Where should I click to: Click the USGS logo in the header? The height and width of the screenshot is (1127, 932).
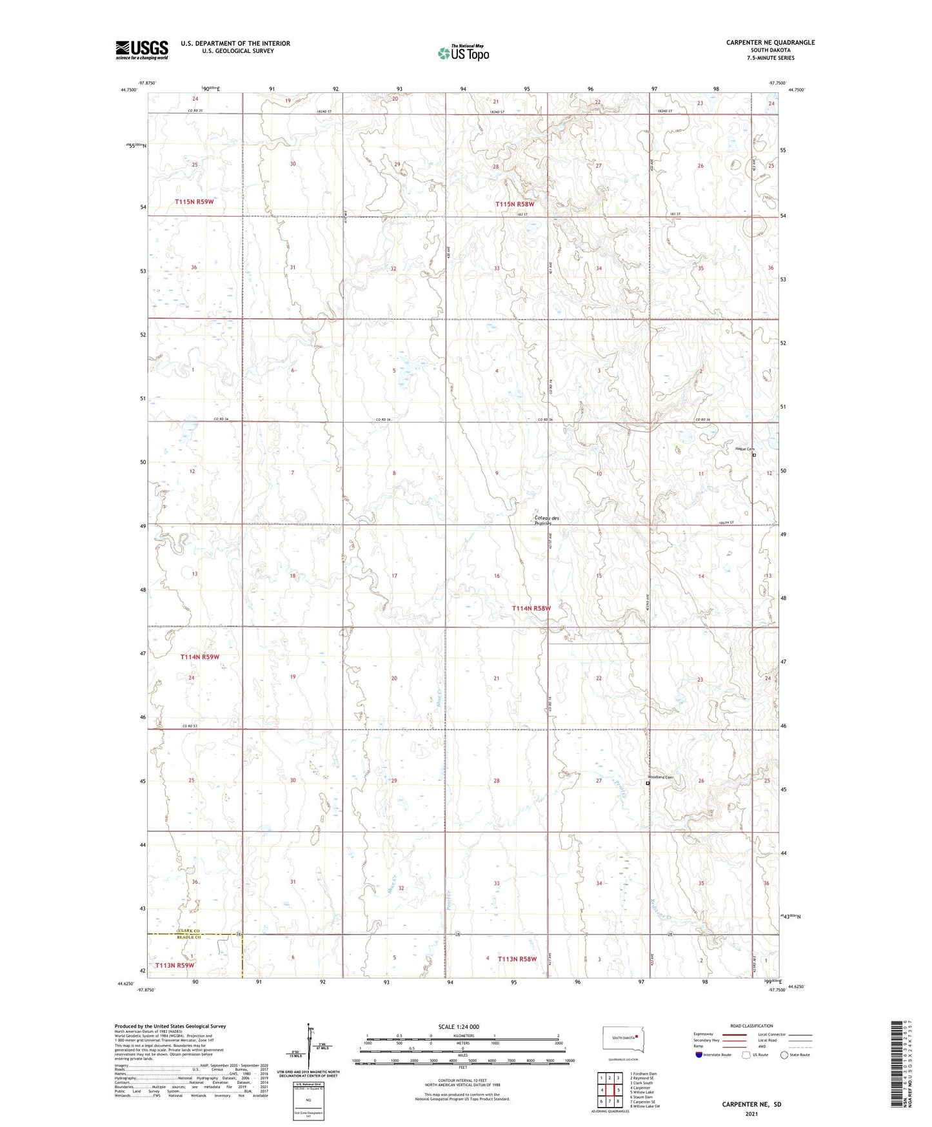point(142,50)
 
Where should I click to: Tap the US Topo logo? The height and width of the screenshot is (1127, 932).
point(463,53)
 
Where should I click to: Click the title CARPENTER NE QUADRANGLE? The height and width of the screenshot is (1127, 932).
point(770,43)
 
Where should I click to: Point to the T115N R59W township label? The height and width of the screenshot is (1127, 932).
point(194,202)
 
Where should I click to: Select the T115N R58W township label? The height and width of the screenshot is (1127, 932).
point(515,205)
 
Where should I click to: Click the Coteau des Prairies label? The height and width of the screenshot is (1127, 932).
point(547,520)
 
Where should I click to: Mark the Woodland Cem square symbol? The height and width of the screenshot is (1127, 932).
point(648,783)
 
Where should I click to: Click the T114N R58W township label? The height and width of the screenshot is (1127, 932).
point(531,608)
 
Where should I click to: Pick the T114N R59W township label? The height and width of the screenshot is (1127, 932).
point(200,657)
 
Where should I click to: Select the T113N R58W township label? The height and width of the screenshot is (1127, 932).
point(517,959)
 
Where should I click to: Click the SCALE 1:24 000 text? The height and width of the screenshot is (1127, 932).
point(459,1027)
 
